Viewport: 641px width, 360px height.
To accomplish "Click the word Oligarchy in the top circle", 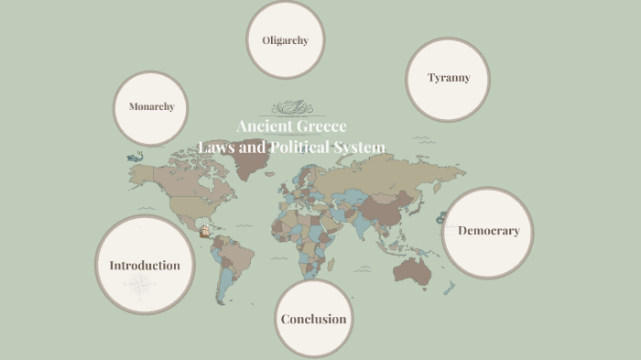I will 285,40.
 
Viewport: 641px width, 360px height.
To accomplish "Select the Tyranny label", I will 449,78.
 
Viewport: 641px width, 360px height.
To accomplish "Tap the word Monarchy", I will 151,107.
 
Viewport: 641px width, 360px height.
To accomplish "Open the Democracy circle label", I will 488,231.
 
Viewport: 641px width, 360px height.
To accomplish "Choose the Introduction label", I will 145,266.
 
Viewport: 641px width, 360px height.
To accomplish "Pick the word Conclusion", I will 313,319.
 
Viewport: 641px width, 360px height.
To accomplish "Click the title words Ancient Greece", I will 291,126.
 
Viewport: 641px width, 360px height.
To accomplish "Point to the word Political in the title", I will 299,147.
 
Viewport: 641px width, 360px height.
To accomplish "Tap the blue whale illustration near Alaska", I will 136,158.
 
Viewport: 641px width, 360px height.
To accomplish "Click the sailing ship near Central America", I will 207,233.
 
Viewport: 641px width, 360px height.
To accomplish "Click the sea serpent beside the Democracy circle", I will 441,218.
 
